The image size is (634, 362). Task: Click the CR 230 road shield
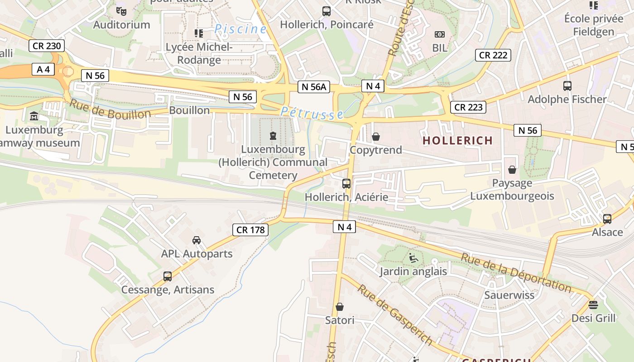47,46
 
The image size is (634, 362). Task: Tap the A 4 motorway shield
43,69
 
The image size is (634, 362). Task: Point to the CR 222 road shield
493,55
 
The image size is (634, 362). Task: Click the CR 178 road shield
251,230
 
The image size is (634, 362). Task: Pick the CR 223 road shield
468,107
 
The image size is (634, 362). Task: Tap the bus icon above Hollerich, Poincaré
327,11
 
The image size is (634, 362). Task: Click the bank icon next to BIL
439,34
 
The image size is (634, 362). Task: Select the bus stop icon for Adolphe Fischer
567,86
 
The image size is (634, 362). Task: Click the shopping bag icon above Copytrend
376,136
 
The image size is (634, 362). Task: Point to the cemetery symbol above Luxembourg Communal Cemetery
273,135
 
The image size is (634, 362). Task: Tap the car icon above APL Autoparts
197,240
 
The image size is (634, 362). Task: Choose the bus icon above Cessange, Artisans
168,276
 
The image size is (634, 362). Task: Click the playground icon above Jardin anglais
413,258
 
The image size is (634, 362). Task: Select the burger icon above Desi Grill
593,305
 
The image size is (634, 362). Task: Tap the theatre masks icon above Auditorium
121,11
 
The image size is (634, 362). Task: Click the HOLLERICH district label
457,141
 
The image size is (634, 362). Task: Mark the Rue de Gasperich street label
394,314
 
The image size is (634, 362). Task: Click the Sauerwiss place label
509,295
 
